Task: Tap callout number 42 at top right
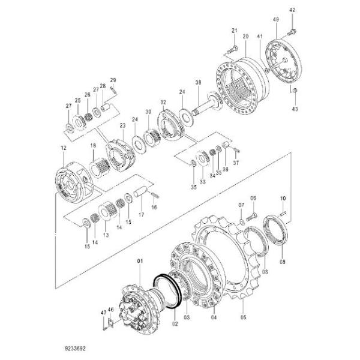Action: click(293, 10)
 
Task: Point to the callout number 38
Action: click(197, 82)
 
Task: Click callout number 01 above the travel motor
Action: click(140, 261)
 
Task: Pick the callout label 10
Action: click(283, 198)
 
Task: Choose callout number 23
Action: click(122, 125)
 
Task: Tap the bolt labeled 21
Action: click(231, 46)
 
